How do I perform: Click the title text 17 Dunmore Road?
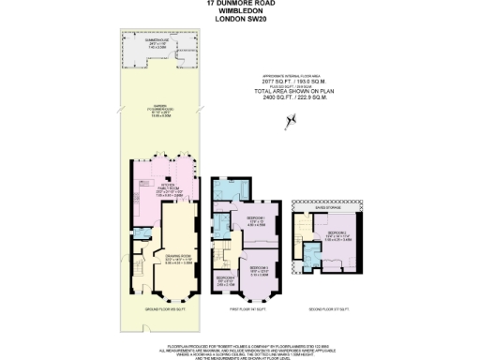240,4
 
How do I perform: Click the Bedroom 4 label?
225,280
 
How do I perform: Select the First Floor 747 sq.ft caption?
245,307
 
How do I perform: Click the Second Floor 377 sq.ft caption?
326,307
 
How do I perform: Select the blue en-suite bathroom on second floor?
310,252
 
